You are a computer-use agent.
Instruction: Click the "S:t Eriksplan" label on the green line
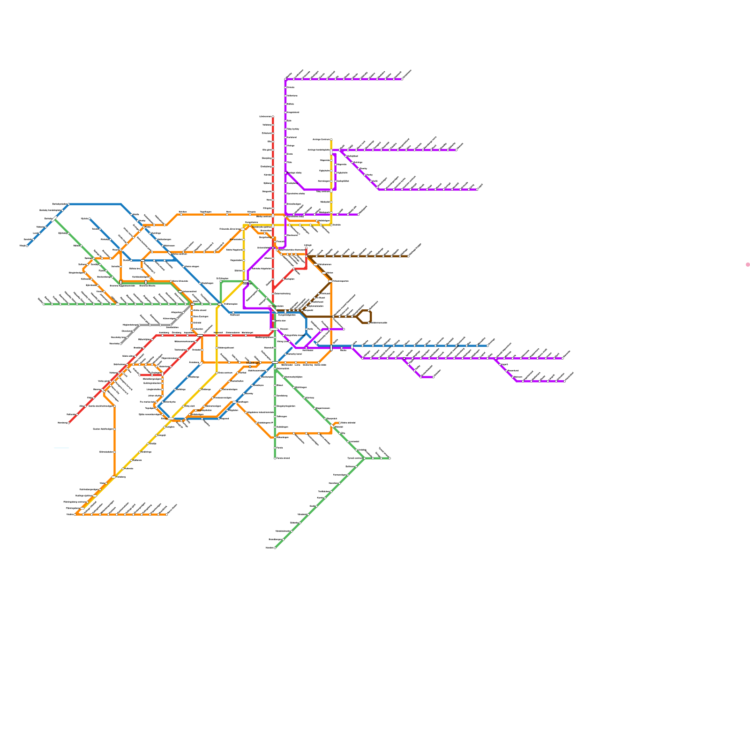click(223, 278)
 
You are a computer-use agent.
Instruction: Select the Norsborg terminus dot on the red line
click(69, 423)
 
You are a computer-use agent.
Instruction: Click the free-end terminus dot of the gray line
click(120, 344)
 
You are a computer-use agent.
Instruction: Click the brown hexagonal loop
click(364, 316)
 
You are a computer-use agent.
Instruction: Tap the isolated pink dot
click(748, 265)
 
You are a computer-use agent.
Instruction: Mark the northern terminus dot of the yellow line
click(331, 139)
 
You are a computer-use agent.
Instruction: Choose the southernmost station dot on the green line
click(275, 547)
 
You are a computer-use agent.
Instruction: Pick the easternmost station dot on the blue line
click(487, 346)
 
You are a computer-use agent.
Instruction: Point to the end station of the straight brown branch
click(408, 256)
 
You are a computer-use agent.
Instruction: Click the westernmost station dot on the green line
click(44, 304)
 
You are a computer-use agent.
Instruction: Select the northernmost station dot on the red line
click(273, 116)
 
